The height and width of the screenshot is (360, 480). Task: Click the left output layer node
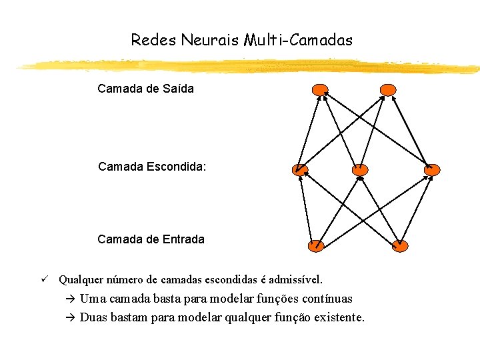[320, 90]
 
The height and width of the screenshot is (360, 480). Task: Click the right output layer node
[387, 90]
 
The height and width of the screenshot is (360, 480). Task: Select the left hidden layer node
[300, 169]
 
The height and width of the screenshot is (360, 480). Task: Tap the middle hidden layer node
[360, 170]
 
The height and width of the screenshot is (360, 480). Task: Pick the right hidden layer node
[432, 170]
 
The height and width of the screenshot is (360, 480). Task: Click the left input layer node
[316, 245]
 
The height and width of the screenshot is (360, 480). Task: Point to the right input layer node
[399, 245]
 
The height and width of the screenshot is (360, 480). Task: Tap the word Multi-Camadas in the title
[297, 40]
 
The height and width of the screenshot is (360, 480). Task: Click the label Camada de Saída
[145, 89]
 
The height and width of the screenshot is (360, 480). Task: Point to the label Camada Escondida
[152, 167]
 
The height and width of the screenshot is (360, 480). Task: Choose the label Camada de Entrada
[151, 239]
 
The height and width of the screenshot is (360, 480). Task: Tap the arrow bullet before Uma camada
[71, 299]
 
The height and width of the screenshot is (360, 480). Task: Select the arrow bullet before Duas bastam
[71, 317]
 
